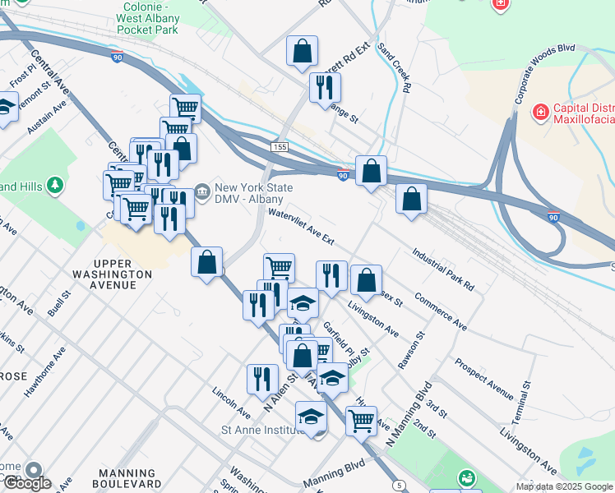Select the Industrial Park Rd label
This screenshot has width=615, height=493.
pyautogui.click(x=443, y=270)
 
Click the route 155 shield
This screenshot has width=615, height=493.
pyautogui.click(x=280, y=146)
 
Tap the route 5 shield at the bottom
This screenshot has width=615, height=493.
pyautogui.click(x=400, y=486)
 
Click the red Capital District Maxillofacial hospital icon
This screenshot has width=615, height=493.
pyautogui.click(x=541, y=111)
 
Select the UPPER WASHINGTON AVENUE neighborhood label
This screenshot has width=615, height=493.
pyautogui.click(x=112, y=279)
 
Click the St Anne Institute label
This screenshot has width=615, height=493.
pyautogui.click(x=261, y=429)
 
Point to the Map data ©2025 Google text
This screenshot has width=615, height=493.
pyautogui.click(x=563, y=486)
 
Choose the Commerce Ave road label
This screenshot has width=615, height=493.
pyautogui.click(x=441, y=311)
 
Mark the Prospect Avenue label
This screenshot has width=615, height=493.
pyautogui.click(x=484, y=374)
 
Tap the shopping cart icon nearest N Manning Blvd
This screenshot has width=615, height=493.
pyautogui.click(x=361, y=422)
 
